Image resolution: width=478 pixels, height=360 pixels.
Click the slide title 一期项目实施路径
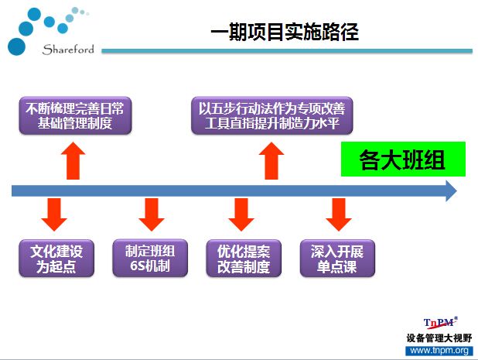(x=285, y=32)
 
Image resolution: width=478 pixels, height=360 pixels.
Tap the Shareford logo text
(x=68, y=50)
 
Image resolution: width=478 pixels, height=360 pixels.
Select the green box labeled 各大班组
(x=403, y=159)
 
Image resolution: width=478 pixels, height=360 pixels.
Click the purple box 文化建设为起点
(x=56, y=259)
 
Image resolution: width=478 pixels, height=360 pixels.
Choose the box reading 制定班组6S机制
(x=150, y=259)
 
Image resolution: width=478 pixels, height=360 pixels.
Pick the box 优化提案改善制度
(x=244, y=259)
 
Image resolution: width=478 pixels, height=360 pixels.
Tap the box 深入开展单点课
(x=337, y=259)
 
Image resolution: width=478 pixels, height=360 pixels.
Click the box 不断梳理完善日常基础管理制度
(x=75, y=115)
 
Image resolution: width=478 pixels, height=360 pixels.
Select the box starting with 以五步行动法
(x=272, y=115)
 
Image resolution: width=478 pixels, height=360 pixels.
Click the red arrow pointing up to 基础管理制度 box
(x=73, y=161)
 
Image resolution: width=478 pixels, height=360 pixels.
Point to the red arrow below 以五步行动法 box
(x=271, y=161)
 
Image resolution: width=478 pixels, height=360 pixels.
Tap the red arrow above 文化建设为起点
(x=54, y=214)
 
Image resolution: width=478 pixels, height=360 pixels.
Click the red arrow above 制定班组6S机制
(x=152, y=214)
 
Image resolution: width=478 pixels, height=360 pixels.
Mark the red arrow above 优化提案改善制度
(x=241, y=214)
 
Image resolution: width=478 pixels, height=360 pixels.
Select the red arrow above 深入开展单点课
(x=339, y=214)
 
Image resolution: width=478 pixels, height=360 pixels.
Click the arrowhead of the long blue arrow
(x=451, y=190)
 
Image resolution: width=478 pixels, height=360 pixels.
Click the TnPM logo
(x=440, y=323)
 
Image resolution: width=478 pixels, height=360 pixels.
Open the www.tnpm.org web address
(x=439, y=350)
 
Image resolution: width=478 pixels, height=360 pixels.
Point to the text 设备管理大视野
(x=439, y=338)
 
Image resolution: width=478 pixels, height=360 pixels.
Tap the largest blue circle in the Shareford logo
(x=16, y=46)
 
